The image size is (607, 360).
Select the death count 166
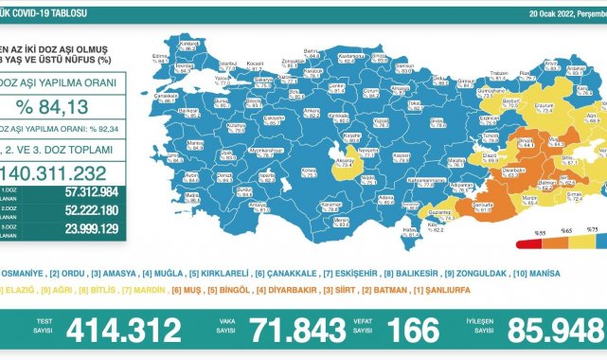[x=414, y=331]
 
